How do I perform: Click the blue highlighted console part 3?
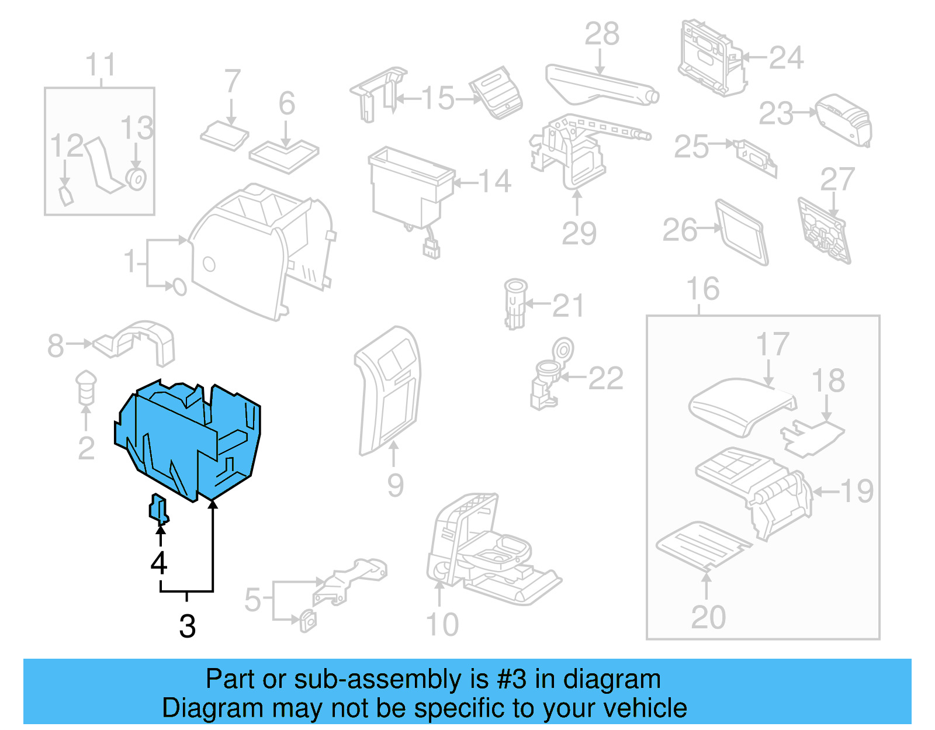tap(187, 438)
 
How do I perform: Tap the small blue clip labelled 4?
tap(158, 507)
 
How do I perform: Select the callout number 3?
tap(187, 627)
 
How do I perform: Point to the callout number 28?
tap(602, 34)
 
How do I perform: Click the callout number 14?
tap(495, 182)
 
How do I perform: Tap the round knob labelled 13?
tap(137, 179)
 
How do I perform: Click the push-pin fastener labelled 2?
tap(86, 386)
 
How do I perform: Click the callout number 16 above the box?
tap(702, 289)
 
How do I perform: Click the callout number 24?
tap(786, 58)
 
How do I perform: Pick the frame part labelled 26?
tap(741, 233)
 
